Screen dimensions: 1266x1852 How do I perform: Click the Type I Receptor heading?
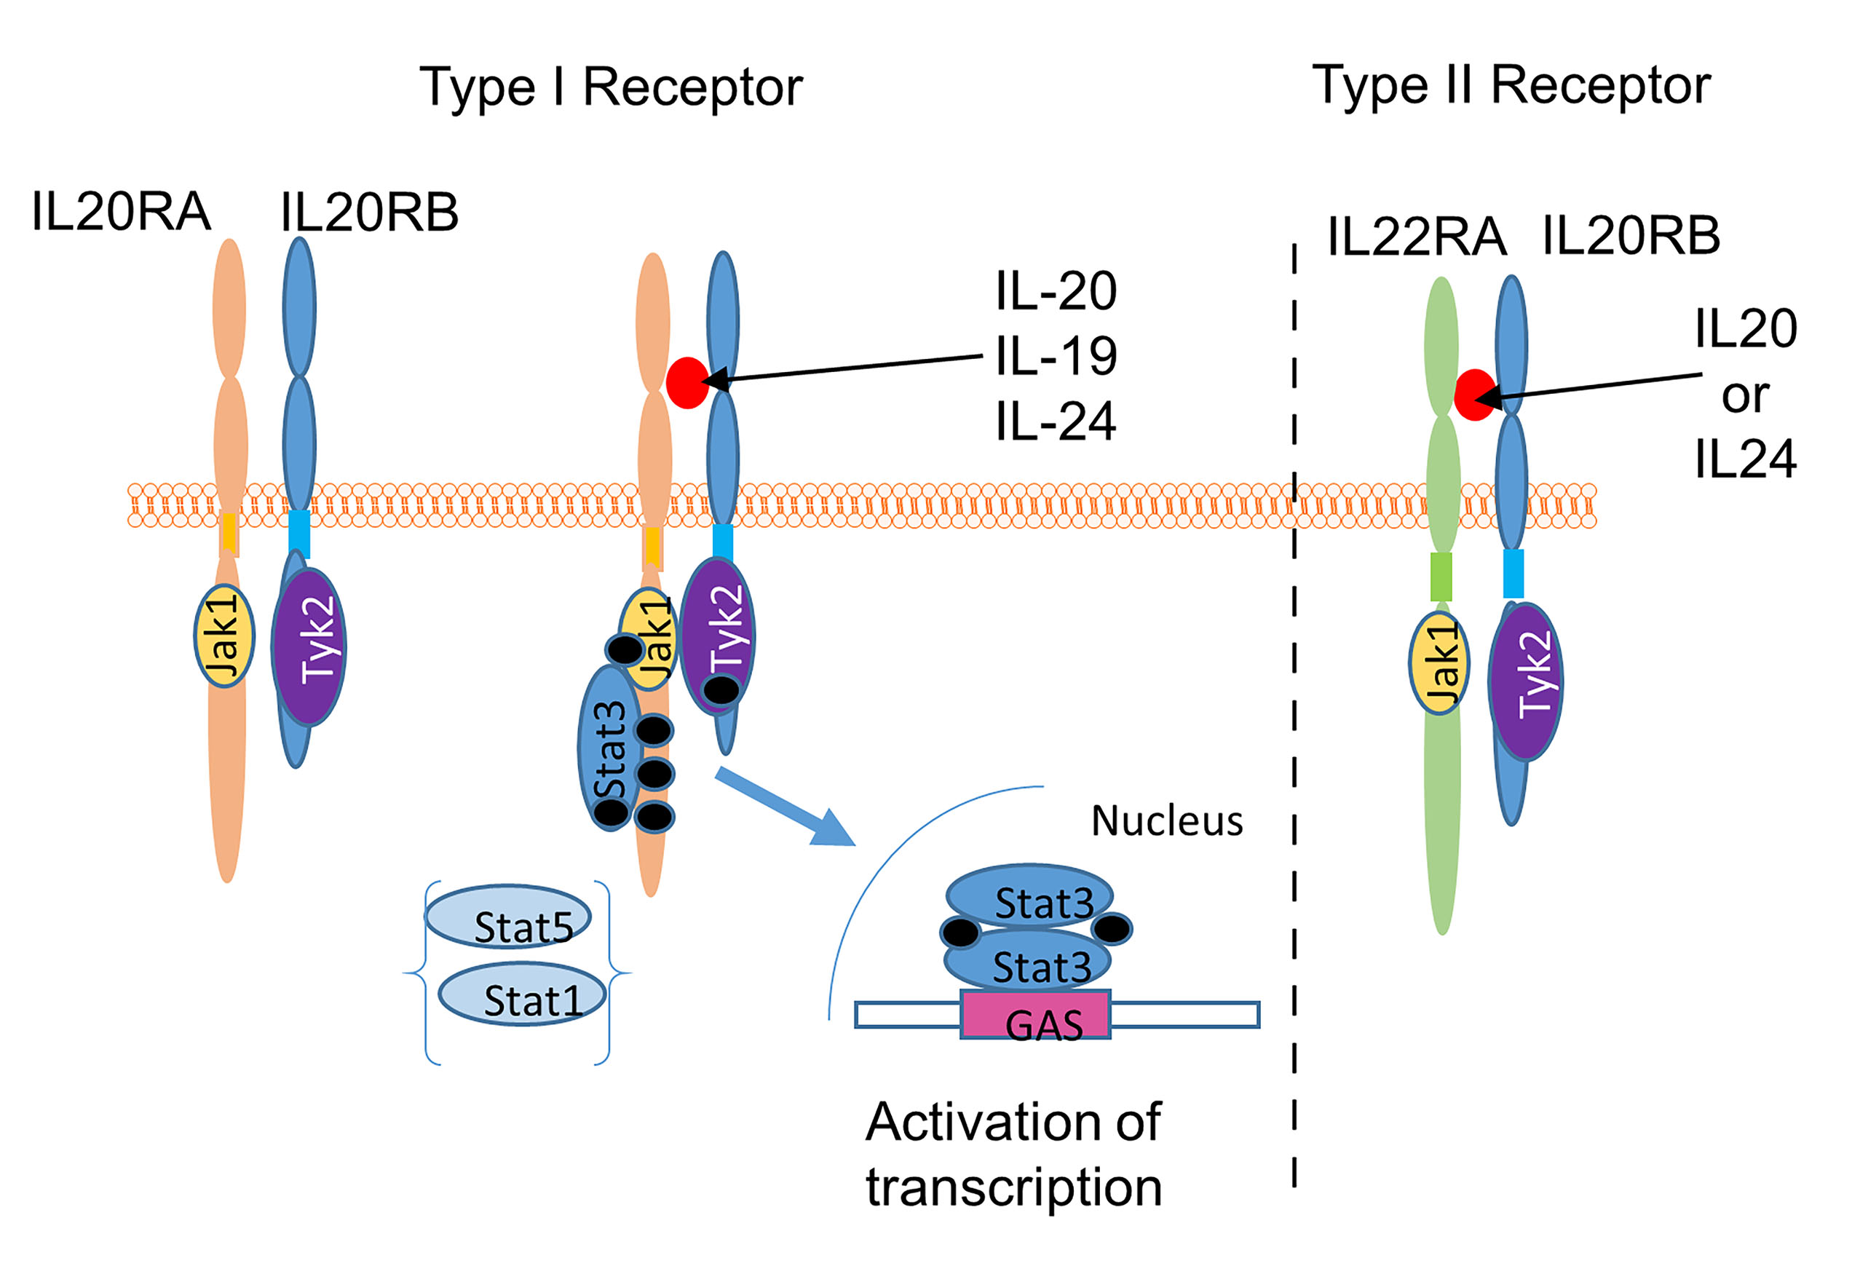point(611,87)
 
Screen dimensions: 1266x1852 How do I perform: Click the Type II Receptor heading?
point(1511,85)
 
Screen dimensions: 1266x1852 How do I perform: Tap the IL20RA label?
point(120,213)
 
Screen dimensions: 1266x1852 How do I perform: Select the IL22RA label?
point(1416,237)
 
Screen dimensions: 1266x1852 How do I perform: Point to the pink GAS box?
point(1035,1014)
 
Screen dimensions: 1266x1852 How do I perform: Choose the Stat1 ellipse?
point(522,994)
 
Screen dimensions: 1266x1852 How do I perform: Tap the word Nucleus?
point(1167,821)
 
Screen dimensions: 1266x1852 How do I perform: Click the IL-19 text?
point(1056,356)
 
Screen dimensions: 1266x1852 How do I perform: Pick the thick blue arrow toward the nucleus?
point(785,805)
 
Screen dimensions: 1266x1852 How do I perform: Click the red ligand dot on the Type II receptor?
point(1473,395)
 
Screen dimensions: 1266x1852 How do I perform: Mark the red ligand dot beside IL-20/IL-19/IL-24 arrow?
point(687,382)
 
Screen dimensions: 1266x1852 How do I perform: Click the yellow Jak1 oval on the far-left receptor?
point(224,636)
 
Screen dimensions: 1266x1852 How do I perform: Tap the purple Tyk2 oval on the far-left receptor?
point(309,647)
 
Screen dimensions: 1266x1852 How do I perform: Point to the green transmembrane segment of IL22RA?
point(1441,576)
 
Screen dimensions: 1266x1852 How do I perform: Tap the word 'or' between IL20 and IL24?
point(1744,396)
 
